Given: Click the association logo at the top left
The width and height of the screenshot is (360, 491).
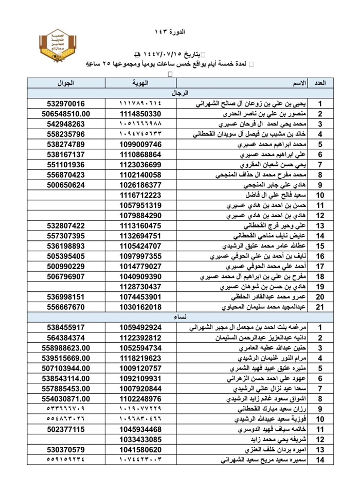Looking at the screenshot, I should [x=58, y=49].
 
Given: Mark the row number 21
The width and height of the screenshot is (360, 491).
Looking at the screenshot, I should [x=320, y=307].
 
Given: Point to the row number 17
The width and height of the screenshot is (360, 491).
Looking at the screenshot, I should [x=320, y=267].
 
